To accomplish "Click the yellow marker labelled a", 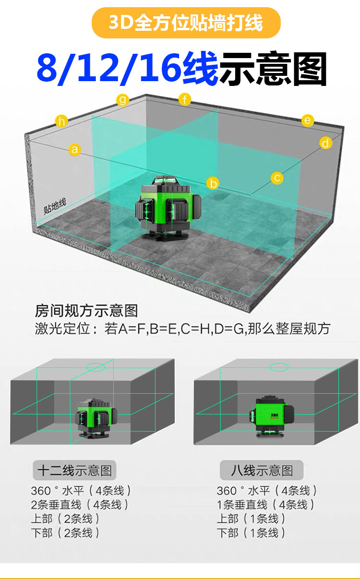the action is [x=75, y=149].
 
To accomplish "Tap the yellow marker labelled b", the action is [x=213, y=183].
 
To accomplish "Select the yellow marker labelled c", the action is [x=277, y=178].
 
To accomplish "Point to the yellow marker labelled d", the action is [x=325, y=143].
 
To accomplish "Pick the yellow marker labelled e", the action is [x=308, y=121].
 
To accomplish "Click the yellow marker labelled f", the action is [x=185, y=99].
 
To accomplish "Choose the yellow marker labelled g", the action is [x=122, y=100].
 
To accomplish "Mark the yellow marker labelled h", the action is [x=61, y=121].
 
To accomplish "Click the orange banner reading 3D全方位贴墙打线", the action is [x=186, y=23].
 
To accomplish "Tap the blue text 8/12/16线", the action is [x=127, y=68].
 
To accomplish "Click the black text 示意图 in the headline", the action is [x=273, y=69].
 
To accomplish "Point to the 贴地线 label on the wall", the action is [x=55, y=206].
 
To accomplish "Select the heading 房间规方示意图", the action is [x=86, y=311].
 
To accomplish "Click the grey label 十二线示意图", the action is [x=75, y=470].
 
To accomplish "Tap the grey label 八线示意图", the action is [x=262, y=470].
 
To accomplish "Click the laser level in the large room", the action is [x=168, y=208].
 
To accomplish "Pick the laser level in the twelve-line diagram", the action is [x=96, y=419].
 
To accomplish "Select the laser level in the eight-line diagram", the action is [x=271, y=416].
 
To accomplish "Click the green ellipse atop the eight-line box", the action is [x=279, y=367].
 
